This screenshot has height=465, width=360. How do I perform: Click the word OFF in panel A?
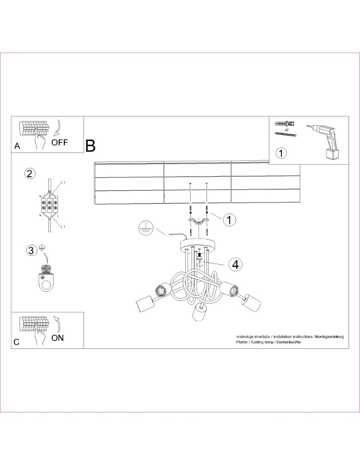point(60,142)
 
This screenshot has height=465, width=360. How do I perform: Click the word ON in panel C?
point(58,338)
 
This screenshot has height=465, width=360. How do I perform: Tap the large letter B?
point(90,146)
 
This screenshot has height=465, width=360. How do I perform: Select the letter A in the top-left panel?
point(17,146)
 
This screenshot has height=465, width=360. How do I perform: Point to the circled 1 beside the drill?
point(281,152)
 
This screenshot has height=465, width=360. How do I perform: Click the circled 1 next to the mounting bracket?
point(228,219)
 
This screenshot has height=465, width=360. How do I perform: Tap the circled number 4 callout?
point(235,264)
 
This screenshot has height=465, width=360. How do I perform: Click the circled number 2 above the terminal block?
point(29,174)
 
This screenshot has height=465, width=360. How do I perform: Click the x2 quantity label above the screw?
point(287,129)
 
